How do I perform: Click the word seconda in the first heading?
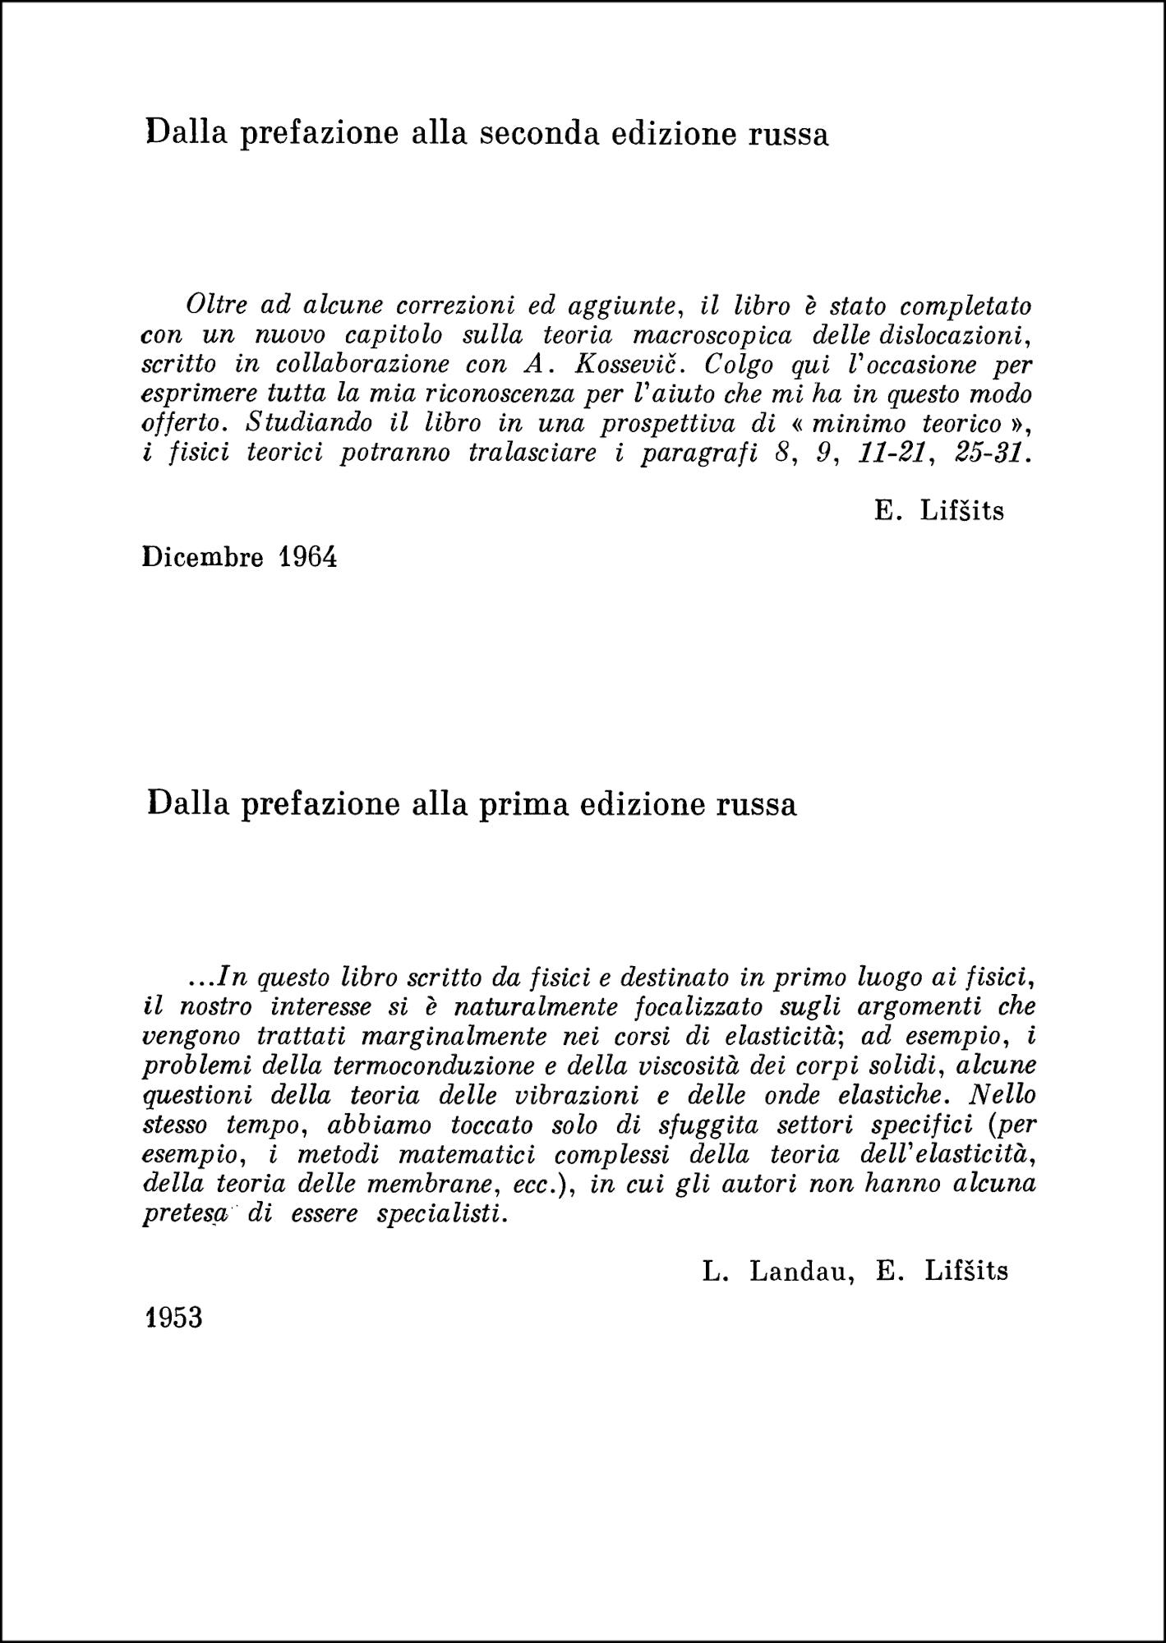(539, 133)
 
